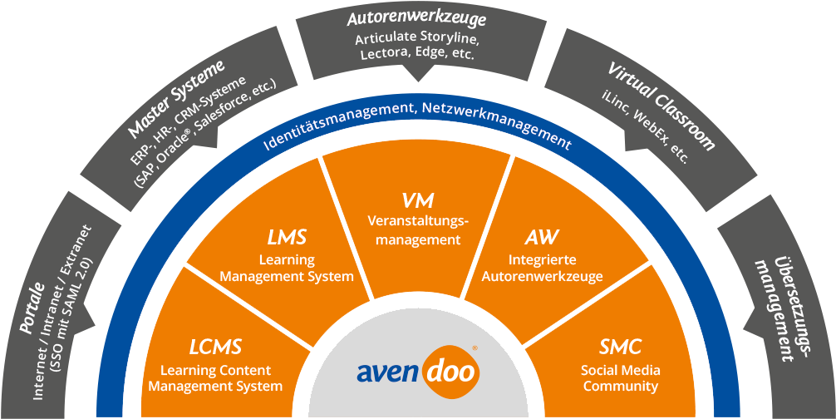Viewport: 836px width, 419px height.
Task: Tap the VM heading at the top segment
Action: click(418, 200)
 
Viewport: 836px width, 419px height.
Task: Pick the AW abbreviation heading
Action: click(541, 239)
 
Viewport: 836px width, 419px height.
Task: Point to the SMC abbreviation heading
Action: click(620, 347)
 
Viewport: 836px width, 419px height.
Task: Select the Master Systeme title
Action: click(177, 97)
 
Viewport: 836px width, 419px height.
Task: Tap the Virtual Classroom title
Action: click(661, 105)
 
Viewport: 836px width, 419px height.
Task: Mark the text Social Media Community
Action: click(620, 378)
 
